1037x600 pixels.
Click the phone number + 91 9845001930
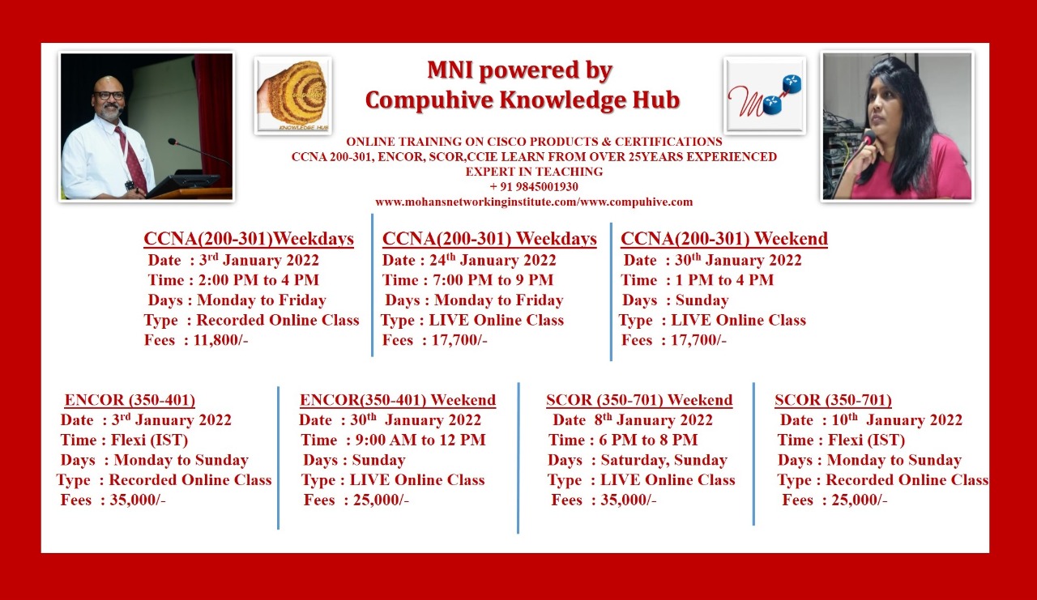pos(534,187)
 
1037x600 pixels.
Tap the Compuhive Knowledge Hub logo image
pos(293,96)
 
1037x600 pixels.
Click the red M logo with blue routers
pos(765,96)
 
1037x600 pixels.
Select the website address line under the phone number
pos(534,202)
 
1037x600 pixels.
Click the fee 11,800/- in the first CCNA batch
pos(221,340)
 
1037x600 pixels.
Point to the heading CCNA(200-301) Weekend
pos(724,239)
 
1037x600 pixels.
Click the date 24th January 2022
pos(493,260)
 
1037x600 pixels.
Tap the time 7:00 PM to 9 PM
pos(493,280)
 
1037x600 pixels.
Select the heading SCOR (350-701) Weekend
pos(639,400)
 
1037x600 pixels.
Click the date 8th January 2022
pos(653,419)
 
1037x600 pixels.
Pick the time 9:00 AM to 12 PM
pos(420,440)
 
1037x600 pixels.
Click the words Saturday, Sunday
pos(664,460)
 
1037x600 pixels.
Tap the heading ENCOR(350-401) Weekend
pos(398,400)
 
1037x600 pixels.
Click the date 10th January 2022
pos(897,419)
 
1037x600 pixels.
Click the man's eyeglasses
pos(109,96)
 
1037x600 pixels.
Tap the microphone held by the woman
pos(868,138)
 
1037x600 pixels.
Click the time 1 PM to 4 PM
pos(724,280)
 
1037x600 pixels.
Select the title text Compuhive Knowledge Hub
pos(523,100)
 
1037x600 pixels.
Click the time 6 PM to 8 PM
pos(648,440)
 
